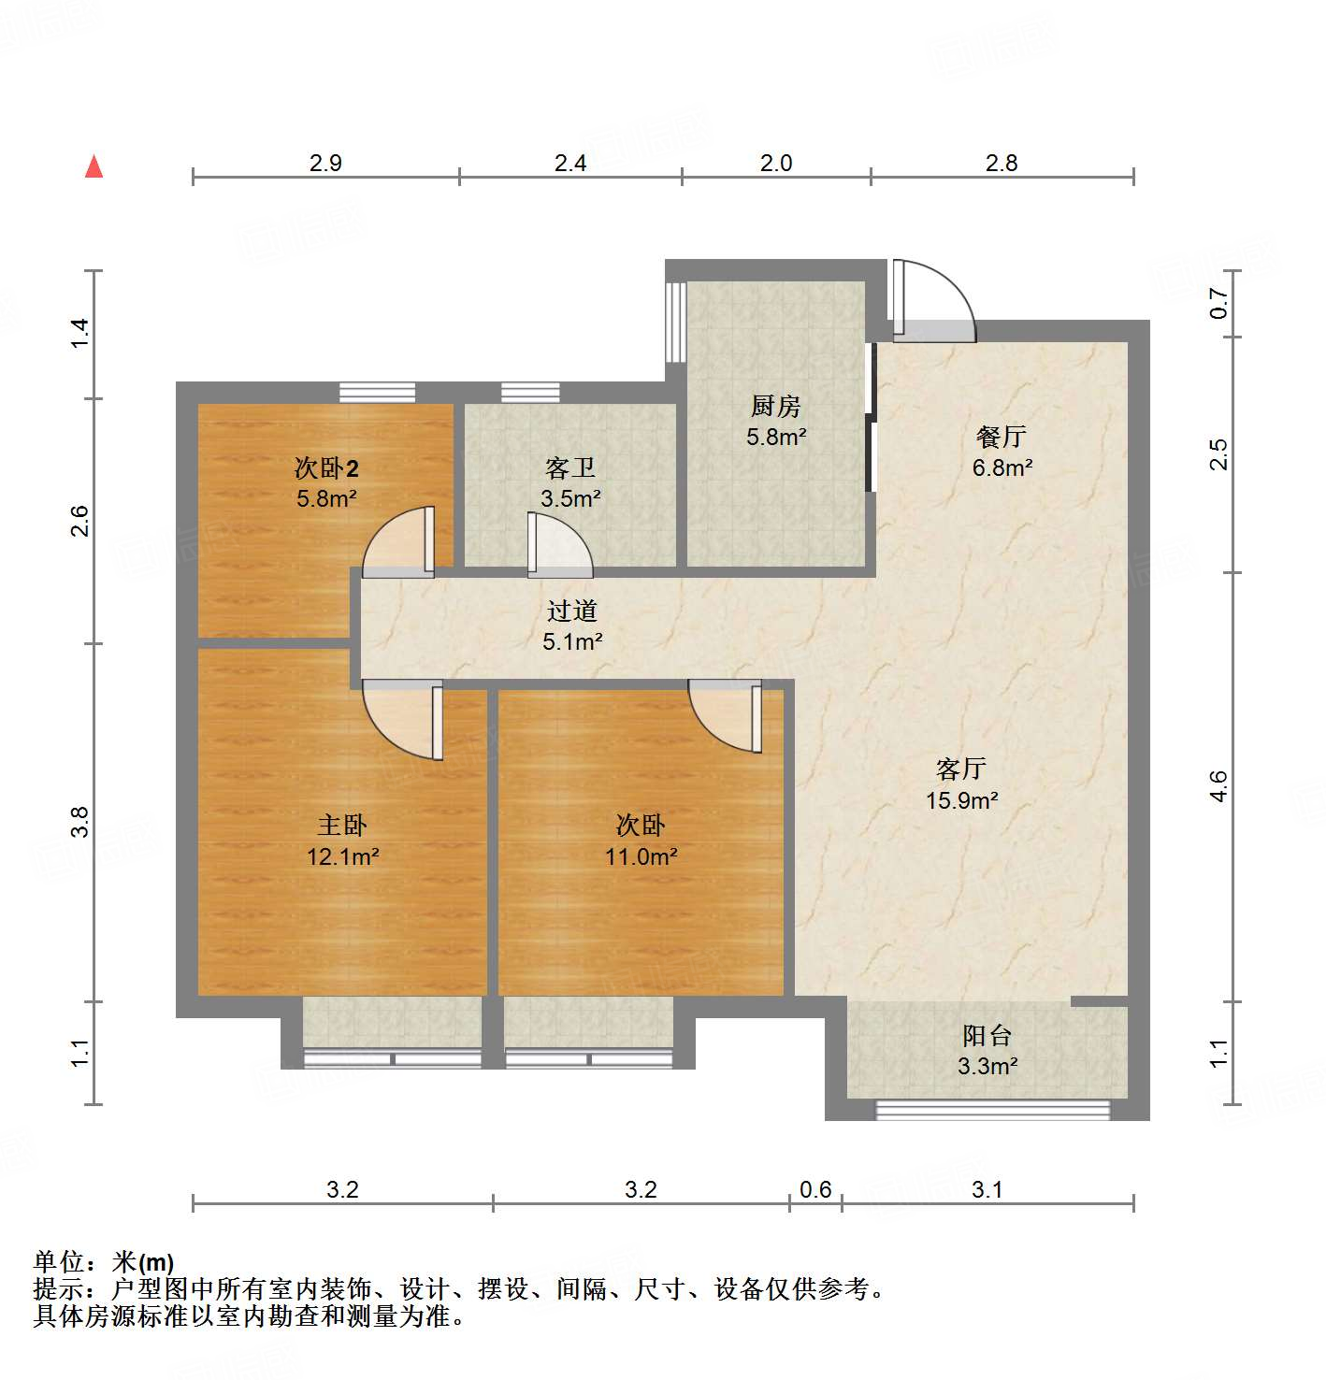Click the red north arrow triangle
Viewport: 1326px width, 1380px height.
click(94, 166)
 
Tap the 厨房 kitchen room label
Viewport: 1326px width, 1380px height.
click(775, 407)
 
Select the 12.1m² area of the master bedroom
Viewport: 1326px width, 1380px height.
click(342, 856)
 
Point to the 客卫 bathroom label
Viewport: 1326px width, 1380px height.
click(569, 467)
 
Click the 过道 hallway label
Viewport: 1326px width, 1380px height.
click(571, 611)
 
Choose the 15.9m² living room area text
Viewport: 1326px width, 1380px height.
click(961, 800)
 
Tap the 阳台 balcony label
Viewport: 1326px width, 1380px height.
click(987, 1035)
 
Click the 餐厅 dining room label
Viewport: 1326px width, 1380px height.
click(1001, 436)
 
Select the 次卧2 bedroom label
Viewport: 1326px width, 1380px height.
click(326, 467)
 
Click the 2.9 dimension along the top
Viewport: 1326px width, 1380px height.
click(325, 163)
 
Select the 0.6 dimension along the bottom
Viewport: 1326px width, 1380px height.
click(815, 1189)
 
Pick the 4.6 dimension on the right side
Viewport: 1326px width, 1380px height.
click(1218, 785)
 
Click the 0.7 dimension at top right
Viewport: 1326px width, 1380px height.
click(1218, 303)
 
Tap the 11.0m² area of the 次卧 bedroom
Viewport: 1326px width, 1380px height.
click(641, 856)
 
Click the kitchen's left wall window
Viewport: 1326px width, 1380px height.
click(675, 322)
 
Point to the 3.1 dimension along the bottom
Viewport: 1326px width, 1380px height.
click(987, 1189)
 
